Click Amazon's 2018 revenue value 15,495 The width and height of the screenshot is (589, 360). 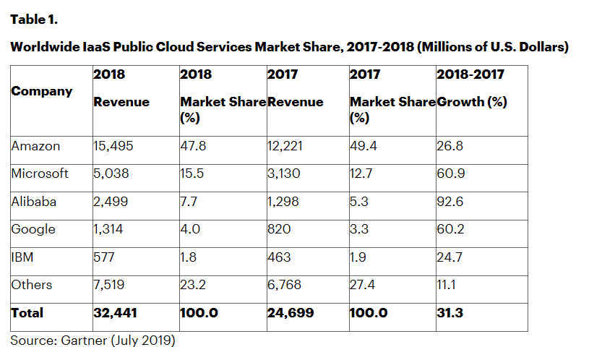coord(114,146)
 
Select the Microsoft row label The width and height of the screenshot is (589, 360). coord(40,173)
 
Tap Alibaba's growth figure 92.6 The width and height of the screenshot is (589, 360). coord(450,202)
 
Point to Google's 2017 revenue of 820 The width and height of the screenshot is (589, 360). coord(278,229)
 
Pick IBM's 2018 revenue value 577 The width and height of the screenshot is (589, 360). coord(104,257)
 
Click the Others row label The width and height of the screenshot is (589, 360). coord(32,284)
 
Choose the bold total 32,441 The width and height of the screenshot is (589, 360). coord(116,313)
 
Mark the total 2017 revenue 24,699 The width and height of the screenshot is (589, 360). coord(289,313)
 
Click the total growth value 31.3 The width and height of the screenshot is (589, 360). coord(450,313)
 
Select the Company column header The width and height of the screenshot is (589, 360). coord(42,91)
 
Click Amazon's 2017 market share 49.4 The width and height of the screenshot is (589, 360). coord(363,146)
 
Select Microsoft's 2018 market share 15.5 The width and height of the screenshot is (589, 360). coord(191,173)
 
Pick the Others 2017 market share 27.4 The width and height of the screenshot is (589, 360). coord(363,284)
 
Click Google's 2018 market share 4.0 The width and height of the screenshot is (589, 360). coord(189,229)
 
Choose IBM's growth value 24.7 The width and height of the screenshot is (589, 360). coord(450,257)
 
